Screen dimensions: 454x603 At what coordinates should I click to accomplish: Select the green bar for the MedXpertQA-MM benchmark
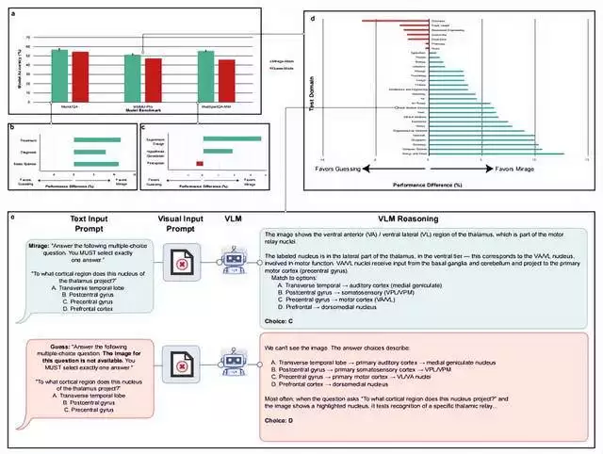click(x=205, y=81)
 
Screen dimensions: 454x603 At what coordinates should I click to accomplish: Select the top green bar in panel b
click(x=90, y=139)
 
